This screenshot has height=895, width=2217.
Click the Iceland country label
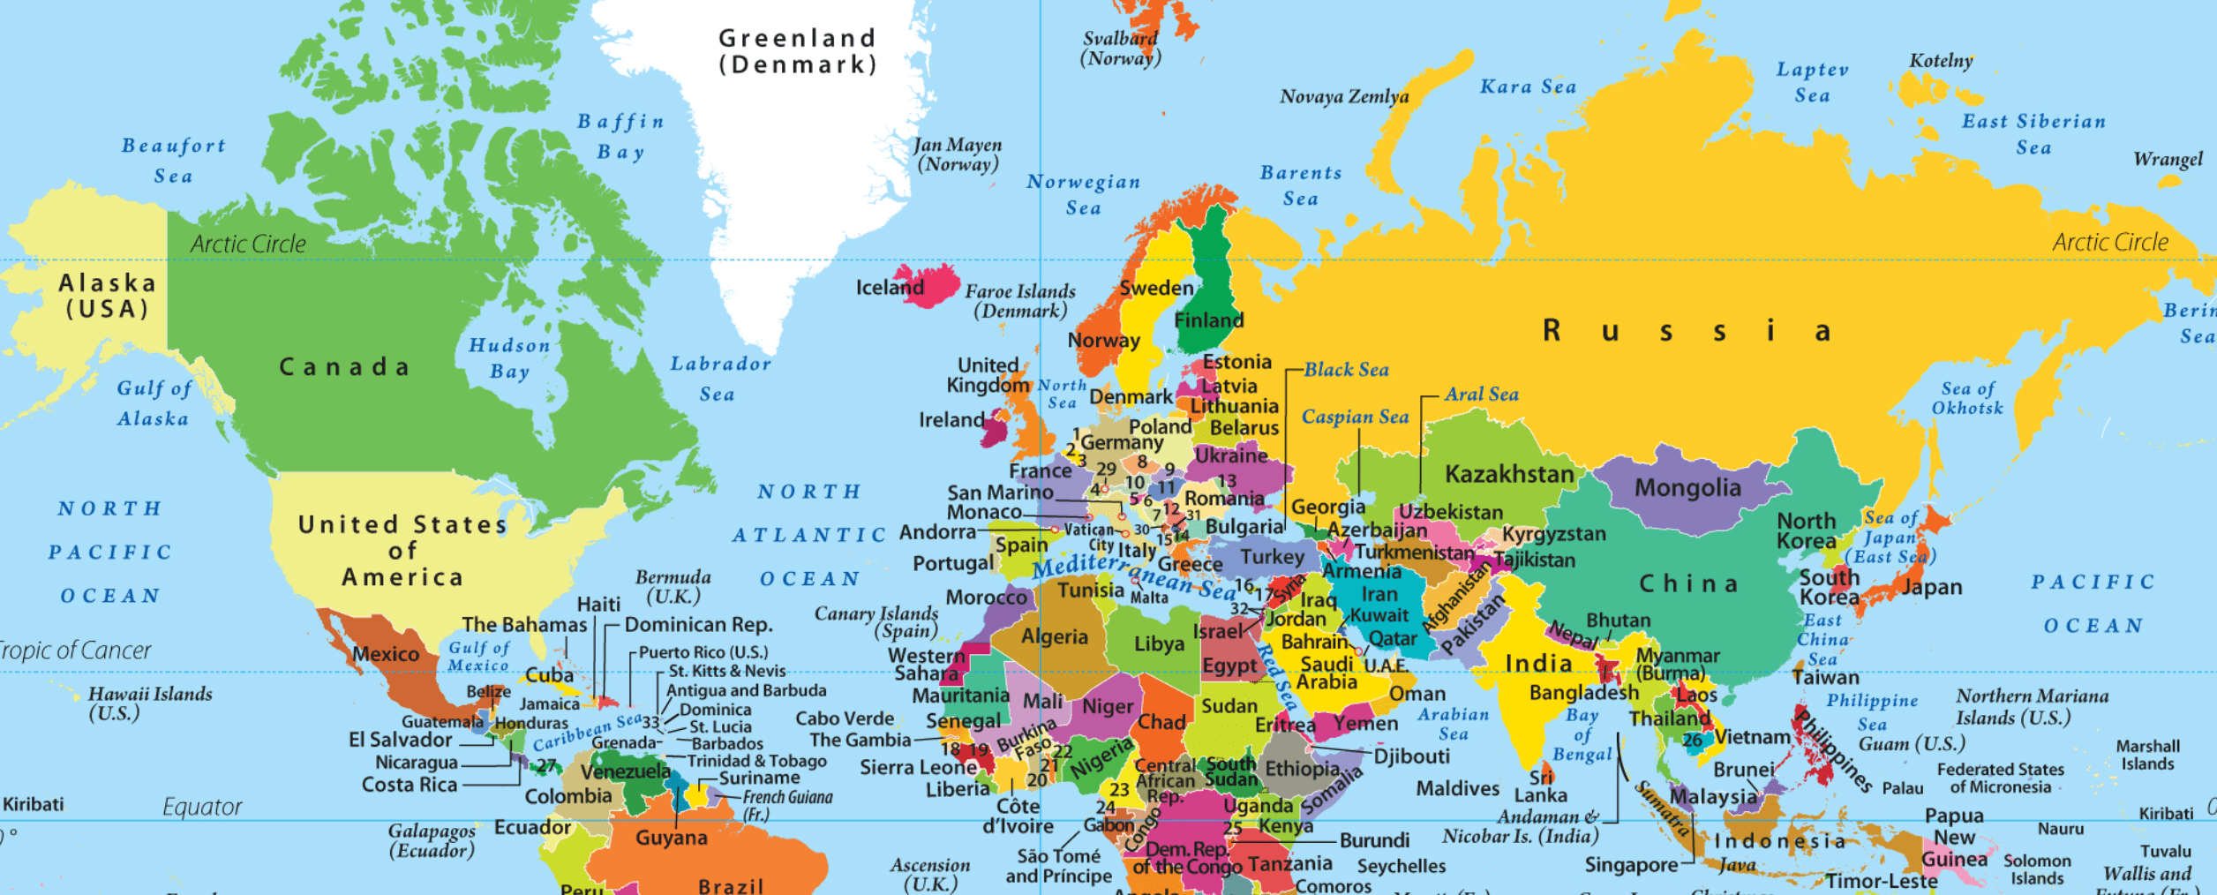tap(889, 287)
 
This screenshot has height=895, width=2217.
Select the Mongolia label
tap(1687, 487)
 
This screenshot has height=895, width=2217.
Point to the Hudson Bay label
tap(509, 357)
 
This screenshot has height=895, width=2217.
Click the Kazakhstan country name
tap(1508, 474)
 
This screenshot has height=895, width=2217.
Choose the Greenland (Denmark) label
tap(797, 51)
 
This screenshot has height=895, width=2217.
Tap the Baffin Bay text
tap(620, 136)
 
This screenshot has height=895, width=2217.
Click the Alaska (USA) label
tap(107, 296)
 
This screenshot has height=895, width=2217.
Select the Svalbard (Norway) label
tap(1120, 49)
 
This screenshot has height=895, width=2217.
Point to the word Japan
tap(1931, 587)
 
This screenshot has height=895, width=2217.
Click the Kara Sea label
tap(1528, 86)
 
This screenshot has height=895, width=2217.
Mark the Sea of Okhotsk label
tap(1967, 398)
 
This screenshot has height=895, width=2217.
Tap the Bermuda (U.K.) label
tap(673, 586)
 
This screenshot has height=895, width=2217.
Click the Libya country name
tap(1158, 643)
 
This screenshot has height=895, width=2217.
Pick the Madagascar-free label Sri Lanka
tap(1541, 786)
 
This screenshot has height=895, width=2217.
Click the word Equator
tap(201, 807)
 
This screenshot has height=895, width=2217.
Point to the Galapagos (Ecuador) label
tap(432, 840)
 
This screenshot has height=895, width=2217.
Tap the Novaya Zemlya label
tap(1343, 96)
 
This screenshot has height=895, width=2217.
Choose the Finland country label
tap(1208, 320)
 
